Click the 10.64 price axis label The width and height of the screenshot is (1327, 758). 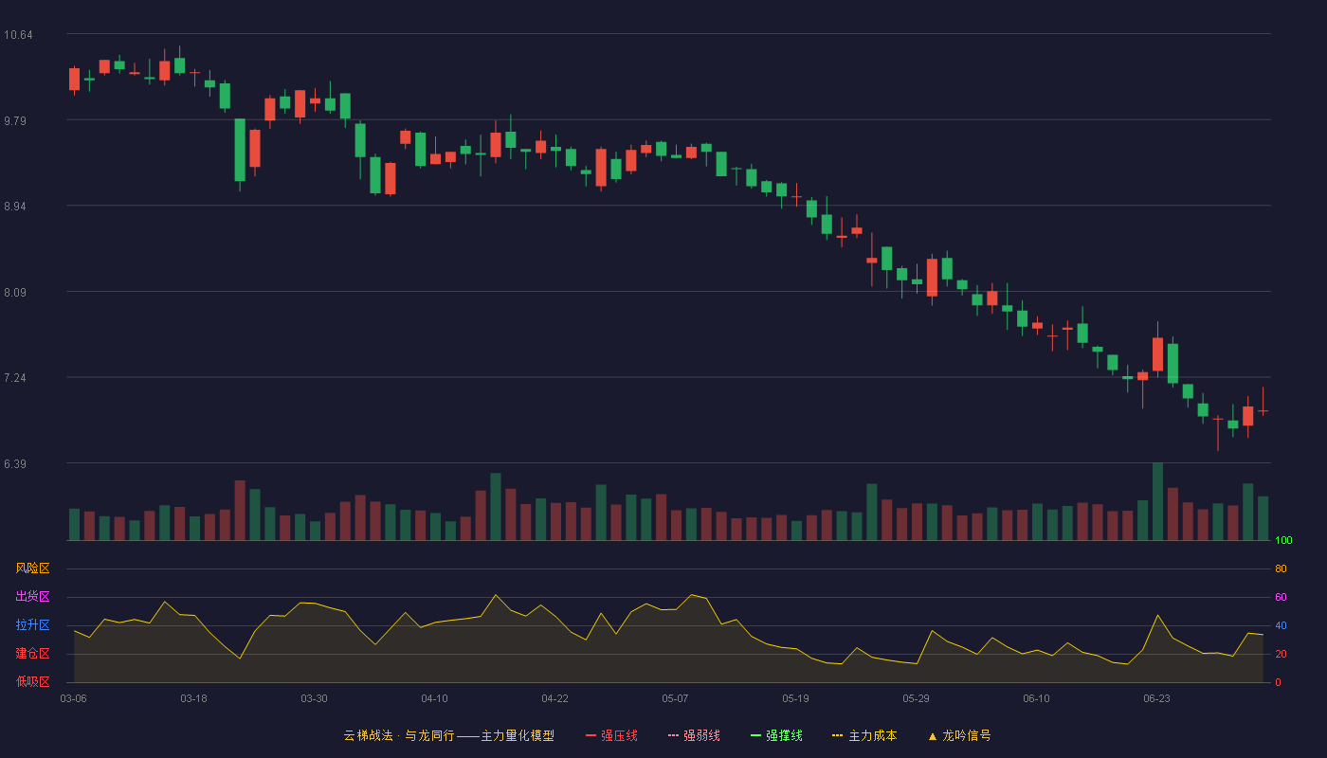pyautogui.click(x=18, y=35)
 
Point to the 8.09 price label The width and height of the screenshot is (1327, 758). pyautogui.click(x=15, y=293)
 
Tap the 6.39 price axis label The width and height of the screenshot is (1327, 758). pyautogui.click(x=15, y=464)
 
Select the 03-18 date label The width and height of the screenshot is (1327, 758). pyautogui.click(x=193, y=699)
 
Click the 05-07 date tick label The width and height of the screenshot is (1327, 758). pyautogui.click(x=675, y=699)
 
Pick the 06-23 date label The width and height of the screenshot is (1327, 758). pyautogui.click(x=1156, y=699)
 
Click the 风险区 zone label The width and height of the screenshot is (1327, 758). pyautogui.click(x=32, y=568)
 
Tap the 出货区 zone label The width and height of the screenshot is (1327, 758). pyautogui.click(x=32, y=596)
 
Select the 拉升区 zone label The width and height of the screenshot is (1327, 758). pyautogui.click(x=32, y=624)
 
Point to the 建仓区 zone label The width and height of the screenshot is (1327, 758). pyautogui.click(x=32, y=653)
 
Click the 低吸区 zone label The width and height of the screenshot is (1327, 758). pyautogui.click(x=32, y=681)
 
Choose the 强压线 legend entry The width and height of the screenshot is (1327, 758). pyautogui.click(x=611, y=735)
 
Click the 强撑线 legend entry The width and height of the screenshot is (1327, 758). pyautogui.click(x=776, y=735)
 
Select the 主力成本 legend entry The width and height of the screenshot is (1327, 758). pyautogui.click(x=864, y=735)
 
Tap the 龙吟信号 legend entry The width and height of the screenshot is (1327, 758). pyautogui.click(x=959, y=735)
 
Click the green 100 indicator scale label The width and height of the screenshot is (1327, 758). pyautogui.click(x=1283, y=540)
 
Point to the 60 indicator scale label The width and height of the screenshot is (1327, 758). pyautogui.click(x=1281, y=597)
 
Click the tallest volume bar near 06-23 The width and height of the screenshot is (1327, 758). pyautogui.click(x=1157, y=501)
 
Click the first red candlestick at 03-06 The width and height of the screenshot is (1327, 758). pyautogui.click(x=74, y=80)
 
